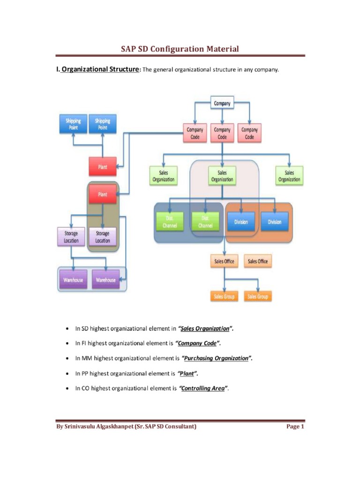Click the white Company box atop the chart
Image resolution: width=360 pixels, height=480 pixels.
click(222, 104)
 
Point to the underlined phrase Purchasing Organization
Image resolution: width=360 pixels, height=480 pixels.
click(216, 358)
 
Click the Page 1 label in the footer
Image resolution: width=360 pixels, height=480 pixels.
click(295, 427)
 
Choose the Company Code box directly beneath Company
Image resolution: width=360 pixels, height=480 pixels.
click(222, 133)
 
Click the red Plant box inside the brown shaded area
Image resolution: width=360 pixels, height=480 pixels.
click(102, 194)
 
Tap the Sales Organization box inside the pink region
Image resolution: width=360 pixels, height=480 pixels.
click(222, 176)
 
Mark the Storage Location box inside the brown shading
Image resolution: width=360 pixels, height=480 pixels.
click(102, 237)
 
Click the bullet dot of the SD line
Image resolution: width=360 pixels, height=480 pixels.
click(68, 329)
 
